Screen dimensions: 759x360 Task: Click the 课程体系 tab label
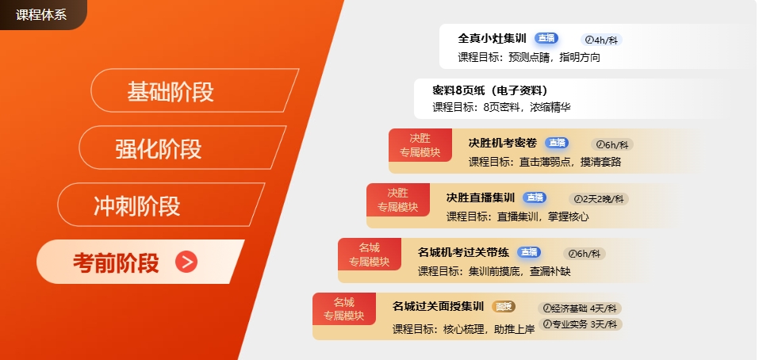click(41, 14)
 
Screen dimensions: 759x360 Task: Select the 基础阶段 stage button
click(194, 90)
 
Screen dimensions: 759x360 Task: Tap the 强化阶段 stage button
click(182, 147)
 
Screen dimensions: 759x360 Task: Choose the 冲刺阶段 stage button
click(161, 205)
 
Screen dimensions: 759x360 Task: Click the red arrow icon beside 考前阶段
click(186, 262)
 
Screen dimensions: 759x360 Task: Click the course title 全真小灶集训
click(493, 38)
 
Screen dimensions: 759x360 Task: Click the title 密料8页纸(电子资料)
click(490, 90)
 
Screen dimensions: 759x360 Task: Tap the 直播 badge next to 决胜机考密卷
click(557, 143)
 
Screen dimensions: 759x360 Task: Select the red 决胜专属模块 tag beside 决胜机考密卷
click(420, 145)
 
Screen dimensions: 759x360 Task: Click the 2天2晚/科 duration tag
click(599, 199)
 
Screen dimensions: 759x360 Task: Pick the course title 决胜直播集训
click(481, 197)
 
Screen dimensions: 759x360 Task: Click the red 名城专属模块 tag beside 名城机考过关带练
click(370, 255)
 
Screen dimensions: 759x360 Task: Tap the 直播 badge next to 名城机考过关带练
click(528, 252)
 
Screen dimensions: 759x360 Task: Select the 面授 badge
click(504, 306)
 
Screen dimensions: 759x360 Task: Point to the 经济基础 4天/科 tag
click(580, 308)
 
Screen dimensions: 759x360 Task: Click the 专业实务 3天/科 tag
click(580, 324)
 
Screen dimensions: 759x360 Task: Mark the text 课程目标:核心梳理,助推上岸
click(464, 330)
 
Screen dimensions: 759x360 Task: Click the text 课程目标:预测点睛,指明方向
click(529, 58)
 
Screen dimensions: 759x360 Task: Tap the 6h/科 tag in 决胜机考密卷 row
click(612, 144)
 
